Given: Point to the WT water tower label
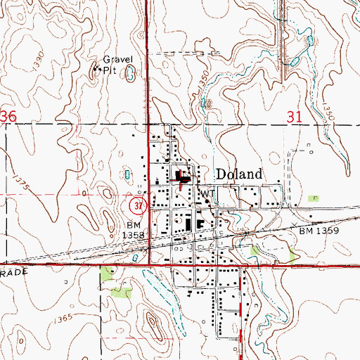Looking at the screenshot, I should [207, 193].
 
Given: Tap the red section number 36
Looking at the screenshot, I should [8, 117].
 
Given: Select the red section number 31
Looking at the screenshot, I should [296, 117].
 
